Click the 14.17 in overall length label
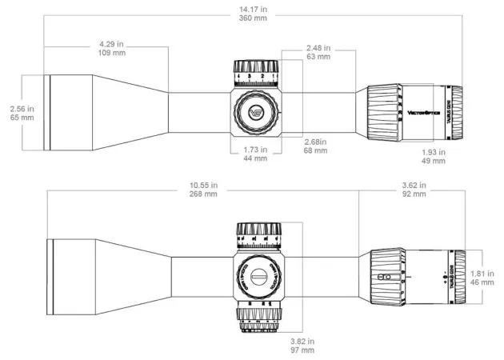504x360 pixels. [253, 9]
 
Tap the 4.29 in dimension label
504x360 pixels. [111, 43]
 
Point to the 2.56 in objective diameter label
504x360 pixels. [22, 108]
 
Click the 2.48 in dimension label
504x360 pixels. [319, 47]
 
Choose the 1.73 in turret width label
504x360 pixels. [256, 150]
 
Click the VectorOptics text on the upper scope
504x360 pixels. [424, 112]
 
